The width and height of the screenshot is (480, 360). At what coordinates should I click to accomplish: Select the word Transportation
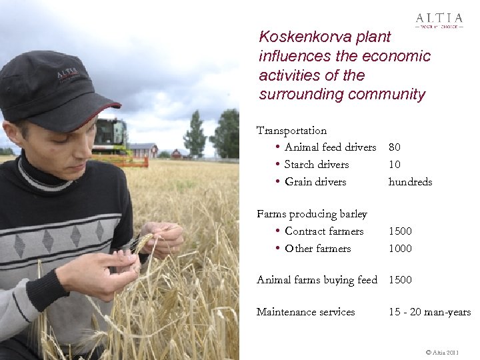291,130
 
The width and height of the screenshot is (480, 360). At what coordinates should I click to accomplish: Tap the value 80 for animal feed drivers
395,147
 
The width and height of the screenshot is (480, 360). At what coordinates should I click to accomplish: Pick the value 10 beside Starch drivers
395,165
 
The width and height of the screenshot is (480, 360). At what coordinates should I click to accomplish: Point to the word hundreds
410,182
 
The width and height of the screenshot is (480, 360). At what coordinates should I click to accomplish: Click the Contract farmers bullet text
324,231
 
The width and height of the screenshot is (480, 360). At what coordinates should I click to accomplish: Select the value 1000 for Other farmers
400,249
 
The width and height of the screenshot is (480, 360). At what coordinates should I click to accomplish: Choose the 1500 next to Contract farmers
400,231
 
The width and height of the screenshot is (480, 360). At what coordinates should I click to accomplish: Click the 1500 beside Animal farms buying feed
400,280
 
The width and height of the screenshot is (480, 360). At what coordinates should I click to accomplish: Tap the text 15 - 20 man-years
429,312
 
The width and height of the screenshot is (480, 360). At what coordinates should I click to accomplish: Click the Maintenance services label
305,312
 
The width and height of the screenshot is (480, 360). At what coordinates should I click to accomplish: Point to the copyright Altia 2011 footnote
441,351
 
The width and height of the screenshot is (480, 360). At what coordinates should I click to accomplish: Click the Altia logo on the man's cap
67,73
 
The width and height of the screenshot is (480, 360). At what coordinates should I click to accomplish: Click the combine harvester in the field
111,140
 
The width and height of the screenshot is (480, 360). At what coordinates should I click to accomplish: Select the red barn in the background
143,150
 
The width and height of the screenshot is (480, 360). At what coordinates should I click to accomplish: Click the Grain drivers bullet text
315,182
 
